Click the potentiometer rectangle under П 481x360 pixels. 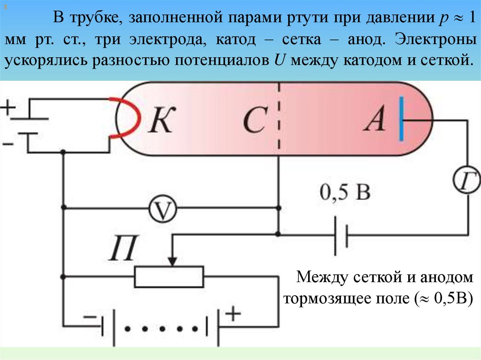pos(169,276)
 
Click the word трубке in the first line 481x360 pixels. pos(96,19)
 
